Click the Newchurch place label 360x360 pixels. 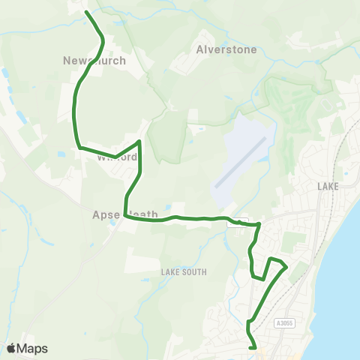(x=94, y=61)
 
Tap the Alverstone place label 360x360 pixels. (x=226, y=49)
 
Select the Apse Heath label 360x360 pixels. (x=125, y=214)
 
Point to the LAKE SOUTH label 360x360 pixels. (x=183, y=271)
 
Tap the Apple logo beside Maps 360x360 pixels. (x=11, y=348)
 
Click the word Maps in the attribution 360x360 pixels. (x=32, y=348)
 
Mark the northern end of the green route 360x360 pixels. (x=86, y=12)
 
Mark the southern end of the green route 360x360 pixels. (x=255, y=348)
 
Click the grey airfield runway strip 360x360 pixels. (x=240, y=162)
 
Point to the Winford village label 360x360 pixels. (x=117, y=157)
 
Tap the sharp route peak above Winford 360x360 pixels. (x=139, y=141)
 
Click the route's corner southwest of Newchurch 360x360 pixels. (x=79, y=148)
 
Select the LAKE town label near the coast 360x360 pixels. (x=328, y=186)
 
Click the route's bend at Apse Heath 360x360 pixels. (x=126, y=217)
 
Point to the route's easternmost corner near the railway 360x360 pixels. (x=286, y=266)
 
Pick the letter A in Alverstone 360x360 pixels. (x=199, y=49)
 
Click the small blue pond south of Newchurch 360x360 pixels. (x=61, y=154)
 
